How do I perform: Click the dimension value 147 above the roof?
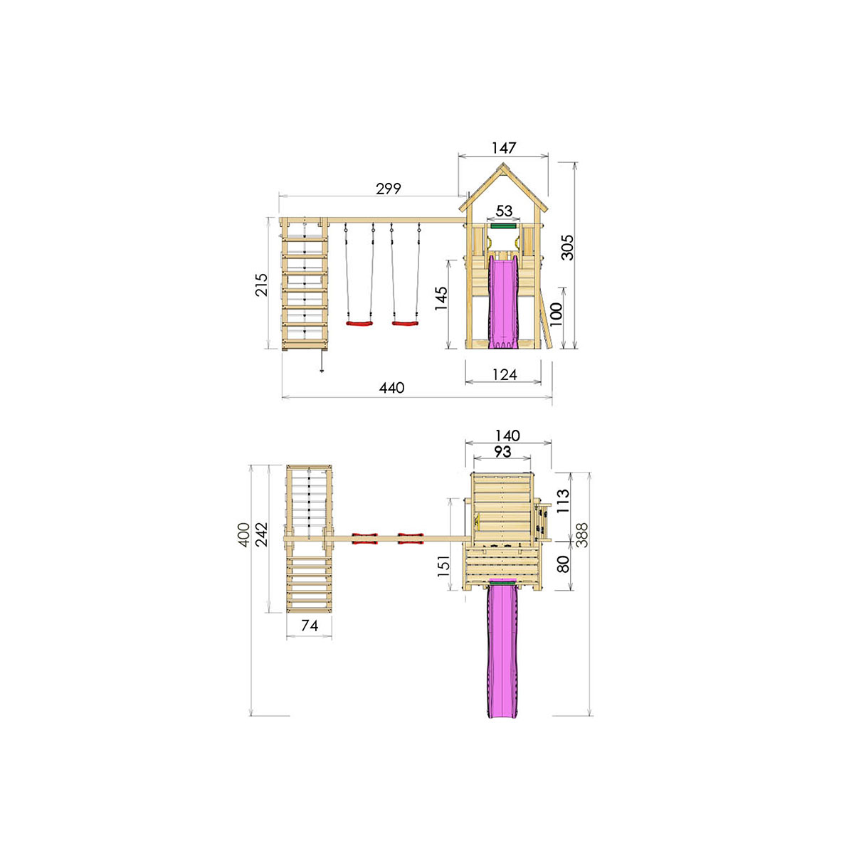503,148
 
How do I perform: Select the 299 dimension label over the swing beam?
389,189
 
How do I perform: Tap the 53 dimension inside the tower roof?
504,211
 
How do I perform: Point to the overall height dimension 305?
567,247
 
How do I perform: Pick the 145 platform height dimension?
441,298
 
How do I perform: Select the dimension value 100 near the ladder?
556,313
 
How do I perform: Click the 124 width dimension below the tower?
504,374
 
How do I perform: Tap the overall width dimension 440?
391,388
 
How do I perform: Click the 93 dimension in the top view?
502,452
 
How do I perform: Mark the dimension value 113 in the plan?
563,501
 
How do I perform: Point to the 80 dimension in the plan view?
563,564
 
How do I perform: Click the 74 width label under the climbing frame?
310,626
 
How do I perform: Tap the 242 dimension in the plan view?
262,534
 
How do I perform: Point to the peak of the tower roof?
504,164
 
